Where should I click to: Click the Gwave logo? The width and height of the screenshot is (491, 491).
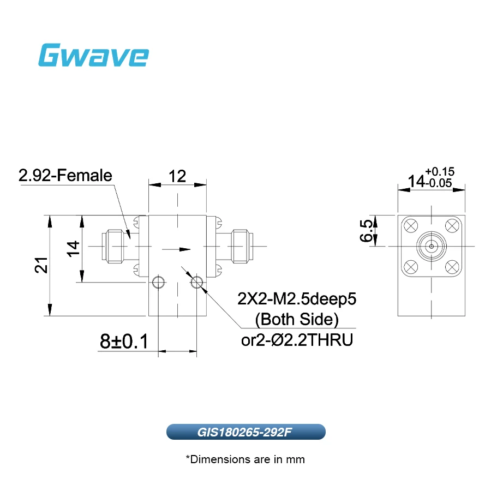pyautogui.click(x=93, y=55)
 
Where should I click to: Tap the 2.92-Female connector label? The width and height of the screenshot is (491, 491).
pyautogui.click(x=65, y=175)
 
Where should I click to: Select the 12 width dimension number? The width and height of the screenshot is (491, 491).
pyautogui.click(x=177, y=176)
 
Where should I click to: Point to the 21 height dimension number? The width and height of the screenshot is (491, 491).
pyautogui.click(x=41, y=265)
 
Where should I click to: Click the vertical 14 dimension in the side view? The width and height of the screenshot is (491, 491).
pyautogui.click(x=73, y=249)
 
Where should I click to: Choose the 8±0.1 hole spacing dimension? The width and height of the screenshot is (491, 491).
pyautogui.click(x=124, y=342)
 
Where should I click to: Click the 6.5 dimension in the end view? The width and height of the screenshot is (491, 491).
pyautogui.click(x=366, y=231)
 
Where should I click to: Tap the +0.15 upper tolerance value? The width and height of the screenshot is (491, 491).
pyautogui.click(x=440, y=172)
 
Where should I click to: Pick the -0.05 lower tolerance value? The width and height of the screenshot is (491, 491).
pyautogui.click(x=439, y=183)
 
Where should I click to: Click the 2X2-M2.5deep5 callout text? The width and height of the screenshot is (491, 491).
pyautogui.click(x=297, y=299)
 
